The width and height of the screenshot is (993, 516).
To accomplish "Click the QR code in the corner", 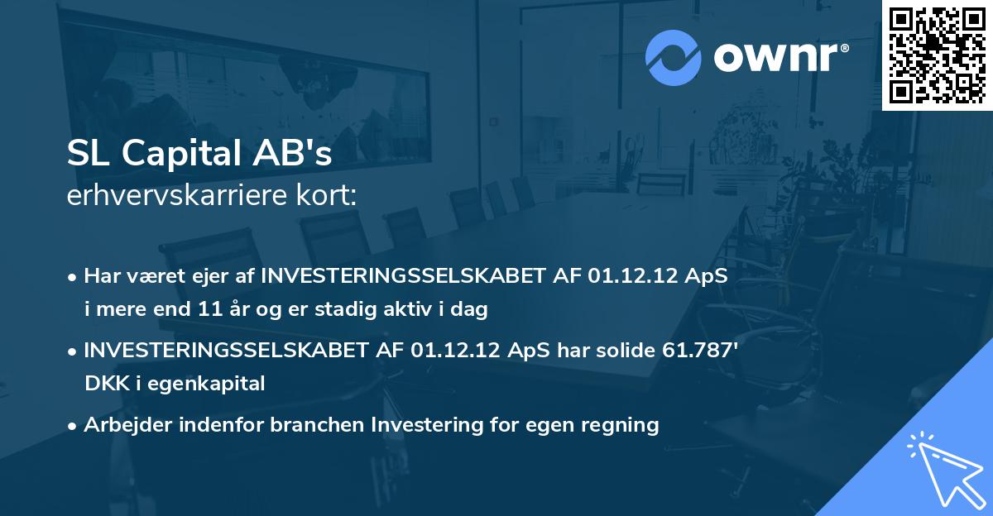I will (x=937, y=55).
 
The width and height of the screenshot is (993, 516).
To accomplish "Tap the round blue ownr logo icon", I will (x=673, y=57).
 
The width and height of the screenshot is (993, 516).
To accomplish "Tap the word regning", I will (x=618, y=425).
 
